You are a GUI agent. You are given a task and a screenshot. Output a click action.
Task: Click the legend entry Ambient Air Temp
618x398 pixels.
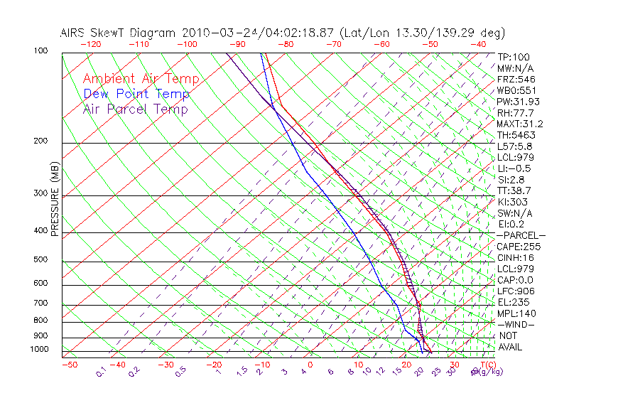coord(141,79)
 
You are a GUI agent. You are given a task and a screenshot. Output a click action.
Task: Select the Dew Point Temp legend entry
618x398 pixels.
coord(136,94)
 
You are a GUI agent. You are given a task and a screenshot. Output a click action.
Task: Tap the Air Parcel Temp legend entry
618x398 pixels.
coord(136,109)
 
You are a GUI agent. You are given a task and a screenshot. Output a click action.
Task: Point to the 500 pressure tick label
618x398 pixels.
coord(41,259)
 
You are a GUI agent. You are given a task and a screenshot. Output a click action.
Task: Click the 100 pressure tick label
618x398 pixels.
coord(41,51)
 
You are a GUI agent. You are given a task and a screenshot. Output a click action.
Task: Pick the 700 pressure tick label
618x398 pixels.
coord(41,303)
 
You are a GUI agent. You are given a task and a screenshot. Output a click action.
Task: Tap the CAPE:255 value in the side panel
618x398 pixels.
coord(519,247)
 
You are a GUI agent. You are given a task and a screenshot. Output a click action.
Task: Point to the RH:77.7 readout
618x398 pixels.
coord(516,113)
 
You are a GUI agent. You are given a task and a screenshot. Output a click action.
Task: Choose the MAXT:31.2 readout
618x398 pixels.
coord(520,124)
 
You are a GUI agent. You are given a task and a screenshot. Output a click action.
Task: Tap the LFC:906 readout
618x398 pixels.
coord(516,291)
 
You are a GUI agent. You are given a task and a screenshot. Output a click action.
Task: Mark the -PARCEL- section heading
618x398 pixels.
coord(521,235)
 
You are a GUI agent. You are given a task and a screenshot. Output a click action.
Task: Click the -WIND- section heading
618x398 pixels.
coord(516,325)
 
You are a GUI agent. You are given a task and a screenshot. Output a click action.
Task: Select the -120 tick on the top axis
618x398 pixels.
coord(90,44)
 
